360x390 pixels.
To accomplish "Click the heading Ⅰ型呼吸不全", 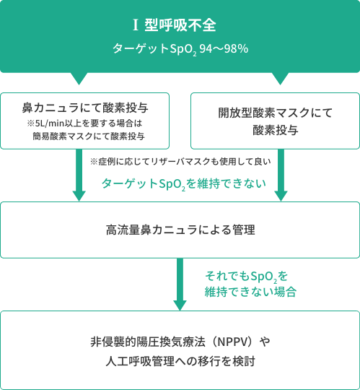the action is click(x=175, y=25).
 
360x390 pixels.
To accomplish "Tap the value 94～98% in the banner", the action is click(x=224, y=48).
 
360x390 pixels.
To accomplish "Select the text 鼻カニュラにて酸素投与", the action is click(x=85, y=108).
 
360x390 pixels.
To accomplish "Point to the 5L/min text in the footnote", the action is click(x=51, y=123).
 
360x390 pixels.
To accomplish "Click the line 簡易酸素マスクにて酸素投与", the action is click(x=89, y=136).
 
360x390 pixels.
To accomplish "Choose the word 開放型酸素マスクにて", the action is click(x=276, y=113).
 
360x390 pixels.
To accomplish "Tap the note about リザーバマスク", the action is click(x=180, y=162).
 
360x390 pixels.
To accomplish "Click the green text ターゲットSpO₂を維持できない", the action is click(x=184, y=184).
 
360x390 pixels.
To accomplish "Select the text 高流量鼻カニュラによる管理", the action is click(x=180, y=230).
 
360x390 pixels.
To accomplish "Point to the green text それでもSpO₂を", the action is click(x=246, y=276).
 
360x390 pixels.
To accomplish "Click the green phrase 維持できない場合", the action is click(x=250, y=292).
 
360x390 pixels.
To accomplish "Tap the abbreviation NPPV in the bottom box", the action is click(x=233, y=342).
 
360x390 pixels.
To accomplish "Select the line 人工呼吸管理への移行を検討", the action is click(x=180, y=361).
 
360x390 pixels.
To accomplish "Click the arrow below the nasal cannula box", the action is click(x=79, y=175).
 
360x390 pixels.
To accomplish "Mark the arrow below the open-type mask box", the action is click(x=281, y=175).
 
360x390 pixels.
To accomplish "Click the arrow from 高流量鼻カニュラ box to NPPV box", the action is click(x=180, y=285).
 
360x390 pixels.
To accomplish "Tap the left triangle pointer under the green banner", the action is click(x=79, y=79).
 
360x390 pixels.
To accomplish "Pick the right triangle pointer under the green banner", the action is click(x=280, y=79).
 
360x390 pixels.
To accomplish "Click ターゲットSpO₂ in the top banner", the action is click(x=154, y=49).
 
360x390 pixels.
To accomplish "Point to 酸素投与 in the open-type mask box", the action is click(x=276, y=130).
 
